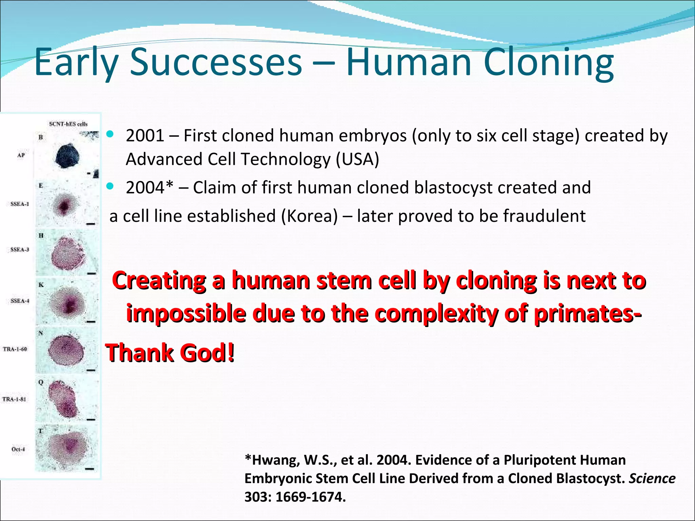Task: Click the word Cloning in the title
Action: (x=548, y=62)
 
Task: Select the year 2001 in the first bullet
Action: (x=145, y=136)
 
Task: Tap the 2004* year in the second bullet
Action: (x=149, y=188)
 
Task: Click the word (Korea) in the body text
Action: (x=309, y=216)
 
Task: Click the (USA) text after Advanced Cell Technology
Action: (x=357, y=159)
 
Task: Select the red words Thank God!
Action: (x=170, y=353)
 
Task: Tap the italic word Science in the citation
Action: (x=652, y=479)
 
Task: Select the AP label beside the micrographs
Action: (x=21, y=155)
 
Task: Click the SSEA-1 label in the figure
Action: (x=20, y=204)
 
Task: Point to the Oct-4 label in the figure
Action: (x=18, y=449)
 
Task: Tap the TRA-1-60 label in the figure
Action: (x=15, y=349)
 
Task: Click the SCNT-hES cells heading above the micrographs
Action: (x=68, y=124)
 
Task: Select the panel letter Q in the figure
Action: (x=41, y=382)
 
